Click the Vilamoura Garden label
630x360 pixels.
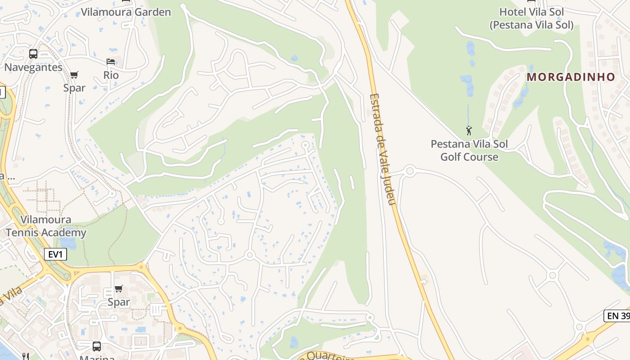[126, 12]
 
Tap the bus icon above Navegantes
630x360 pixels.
[33, 54]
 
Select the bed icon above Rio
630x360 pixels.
[111, 62]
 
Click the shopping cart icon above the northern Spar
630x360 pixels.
[74, 75]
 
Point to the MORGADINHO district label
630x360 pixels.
[571, 77]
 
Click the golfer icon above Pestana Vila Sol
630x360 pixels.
[469, 131]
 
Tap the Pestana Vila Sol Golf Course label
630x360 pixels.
[469, 150]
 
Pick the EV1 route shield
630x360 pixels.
[55, 255]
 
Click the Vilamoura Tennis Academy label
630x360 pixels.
[46, 226]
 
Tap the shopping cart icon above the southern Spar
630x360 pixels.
[118, 288]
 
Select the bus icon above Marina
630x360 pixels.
[96, 346]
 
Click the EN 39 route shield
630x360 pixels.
[617, 316]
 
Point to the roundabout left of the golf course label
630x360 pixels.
[409, 171]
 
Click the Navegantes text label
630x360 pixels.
[33, 67]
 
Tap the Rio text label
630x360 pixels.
[111, 75]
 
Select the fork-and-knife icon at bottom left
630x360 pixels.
[25, 356]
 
